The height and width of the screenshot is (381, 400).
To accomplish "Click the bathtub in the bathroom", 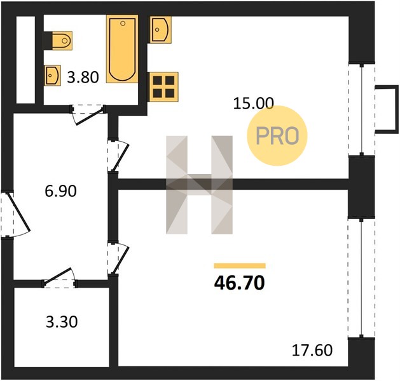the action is (x=122, y=49).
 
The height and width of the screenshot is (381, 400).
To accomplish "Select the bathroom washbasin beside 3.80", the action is (x=52, y=76).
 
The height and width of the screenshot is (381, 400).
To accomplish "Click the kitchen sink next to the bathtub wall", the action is (x=160, y=30).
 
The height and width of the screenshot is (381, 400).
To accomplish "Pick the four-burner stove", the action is (x=163, y=87).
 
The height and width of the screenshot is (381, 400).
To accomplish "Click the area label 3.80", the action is (x=83, y=77).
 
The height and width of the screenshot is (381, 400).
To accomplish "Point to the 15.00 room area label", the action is (x=254, y=104).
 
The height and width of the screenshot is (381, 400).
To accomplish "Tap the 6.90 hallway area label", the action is (x=60, y=191).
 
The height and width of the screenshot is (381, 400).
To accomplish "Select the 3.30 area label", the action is (x=62, y=322).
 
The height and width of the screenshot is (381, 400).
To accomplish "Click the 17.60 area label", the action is (x=312, y=350).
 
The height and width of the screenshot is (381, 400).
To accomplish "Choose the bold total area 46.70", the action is (x=240, y=283).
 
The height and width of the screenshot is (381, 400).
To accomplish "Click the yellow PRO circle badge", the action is (x=277, y=135).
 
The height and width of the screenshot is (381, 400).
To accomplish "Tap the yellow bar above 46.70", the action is (x=240, y=265).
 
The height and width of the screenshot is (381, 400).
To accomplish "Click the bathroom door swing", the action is (x=88, y=114).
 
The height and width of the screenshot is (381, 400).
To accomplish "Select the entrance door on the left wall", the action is (x=15, y=214).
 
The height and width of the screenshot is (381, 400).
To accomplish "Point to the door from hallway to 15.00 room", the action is (x=118, y=156).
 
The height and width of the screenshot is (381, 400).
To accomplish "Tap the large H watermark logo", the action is (x=199, y=185).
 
